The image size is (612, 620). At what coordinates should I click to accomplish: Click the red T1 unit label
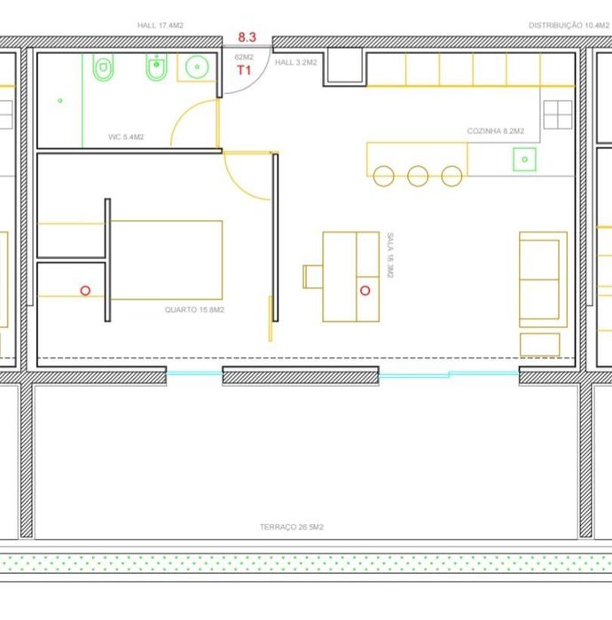[244, 70]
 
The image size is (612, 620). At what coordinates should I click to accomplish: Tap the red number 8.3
[247, 37]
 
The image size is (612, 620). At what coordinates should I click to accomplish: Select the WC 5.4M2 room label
[126, 137]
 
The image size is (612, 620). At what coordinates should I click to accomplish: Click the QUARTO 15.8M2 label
[194, 310]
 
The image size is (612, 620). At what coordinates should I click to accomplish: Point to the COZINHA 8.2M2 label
[496, 131]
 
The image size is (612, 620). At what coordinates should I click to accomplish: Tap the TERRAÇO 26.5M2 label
[292, 527]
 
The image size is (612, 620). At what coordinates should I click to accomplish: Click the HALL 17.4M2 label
[161, 26]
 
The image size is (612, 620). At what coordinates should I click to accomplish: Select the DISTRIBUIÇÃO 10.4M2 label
[569, 26]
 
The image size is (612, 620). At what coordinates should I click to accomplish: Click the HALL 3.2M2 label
[295, 62]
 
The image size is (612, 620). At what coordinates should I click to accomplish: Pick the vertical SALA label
[390, 255]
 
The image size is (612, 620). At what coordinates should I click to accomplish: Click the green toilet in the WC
[103, 67]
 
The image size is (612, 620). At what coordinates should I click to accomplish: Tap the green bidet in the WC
[157, 67]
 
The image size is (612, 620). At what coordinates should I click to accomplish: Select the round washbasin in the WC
[197, 67]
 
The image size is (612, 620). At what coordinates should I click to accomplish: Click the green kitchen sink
[524, 160]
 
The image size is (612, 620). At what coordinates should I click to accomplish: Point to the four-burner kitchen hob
[558, 114]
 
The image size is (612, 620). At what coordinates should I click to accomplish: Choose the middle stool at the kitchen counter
[418, 176]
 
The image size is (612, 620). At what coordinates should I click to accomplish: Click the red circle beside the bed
[85, 291]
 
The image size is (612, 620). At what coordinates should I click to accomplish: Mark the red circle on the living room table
[365, 291]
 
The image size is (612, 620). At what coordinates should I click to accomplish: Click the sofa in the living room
[543, 279]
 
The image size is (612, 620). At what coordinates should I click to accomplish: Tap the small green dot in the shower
[60, 101]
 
